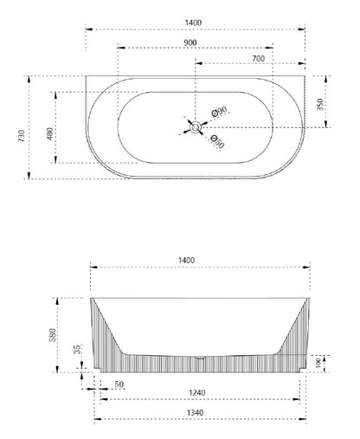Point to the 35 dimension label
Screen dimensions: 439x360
point(79,350)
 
